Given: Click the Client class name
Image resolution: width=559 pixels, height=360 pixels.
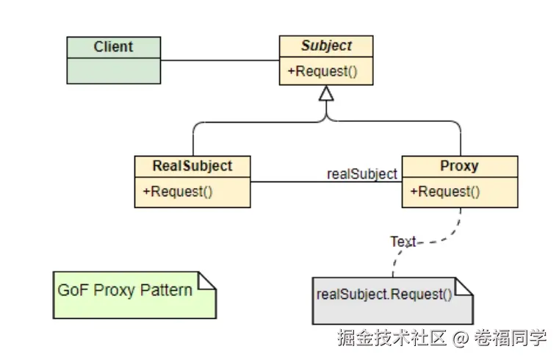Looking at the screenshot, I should point(113,47).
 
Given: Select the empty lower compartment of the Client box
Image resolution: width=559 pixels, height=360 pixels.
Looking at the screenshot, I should point(113,71).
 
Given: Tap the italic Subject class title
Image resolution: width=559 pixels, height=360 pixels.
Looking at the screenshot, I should point(326,46).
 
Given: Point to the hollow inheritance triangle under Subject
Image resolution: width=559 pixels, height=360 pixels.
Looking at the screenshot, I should point(326,93).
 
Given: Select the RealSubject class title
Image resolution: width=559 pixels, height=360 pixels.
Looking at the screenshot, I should point(192,166).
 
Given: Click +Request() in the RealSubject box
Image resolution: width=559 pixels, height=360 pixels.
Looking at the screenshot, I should point(177,192).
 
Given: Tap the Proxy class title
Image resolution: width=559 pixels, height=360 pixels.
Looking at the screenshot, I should point(459,166).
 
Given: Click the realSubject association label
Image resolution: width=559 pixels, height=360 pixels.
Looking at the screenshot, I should point(361,174).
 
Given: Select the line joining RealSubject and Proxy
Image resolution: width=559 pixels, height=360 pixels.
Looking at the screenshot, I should point(294,181).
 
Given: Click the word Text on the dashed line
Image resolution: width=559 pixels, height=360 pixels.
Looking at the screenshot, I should point(403,241).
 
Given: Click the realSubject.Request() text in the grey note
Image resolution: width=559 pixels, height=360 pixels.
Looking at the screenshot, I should point(384,295).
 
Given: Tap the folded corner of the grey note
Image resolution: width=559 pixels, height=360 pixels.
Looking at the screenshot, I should point(465,287).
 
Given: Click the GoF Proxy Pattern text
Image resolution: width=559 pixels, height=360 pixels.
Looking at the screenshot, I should point(125,289).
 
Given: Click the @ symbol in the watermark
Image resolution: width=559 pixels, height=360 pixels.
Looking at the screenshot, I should point(460,339).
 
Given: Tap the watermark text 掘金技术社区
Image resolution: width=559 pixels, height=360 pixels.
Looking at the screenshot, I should point(392,339).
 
